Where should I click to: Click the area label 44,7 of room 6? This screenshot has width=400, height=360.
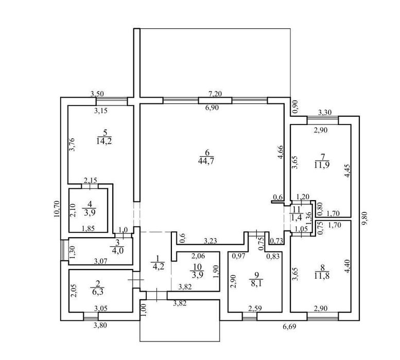click(206, 161)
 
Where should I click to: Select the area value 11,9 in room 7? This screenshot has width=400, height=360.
click(322, 165)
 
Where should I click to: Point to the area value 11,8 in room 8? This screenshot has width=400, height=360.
click(322, 276)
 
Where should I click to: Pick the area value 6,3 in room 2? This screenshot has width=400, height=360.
click(98, 292)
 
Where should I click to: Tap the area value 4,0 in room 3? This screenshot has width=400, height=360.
click(117, 250)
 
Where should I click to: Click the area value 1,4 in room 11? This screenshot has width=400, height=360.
click(297, 218)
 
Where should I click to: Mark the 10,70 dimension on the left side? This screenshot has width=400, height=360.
click(57, 209)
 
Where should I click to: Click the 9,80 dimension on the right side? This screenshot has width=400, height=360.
click(366, 219)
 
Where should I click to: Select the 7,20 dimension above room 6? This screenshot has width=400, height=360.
click(215, 94)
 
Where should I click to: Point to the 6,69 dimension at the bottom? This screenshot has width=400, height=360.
click(289, 327)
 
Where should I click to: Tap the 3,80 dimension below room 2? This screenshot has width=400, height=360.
click(100, 325)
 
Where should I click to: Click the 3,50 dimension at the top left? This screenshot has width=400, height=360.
click(97, 94)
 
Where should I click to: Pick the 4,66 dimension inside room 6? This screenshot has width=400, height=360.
click(280, 152)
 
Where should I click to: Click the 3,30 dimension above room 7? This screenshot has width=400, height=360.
click(325, 112)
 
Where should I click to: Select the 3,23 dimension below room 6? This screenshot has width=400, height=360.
click(210, 241)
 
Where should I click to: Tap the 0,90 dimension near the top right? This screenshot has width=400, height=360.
click(295, 107)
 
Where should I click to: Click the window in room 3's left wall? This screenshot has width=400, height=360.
click(62, 250)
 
